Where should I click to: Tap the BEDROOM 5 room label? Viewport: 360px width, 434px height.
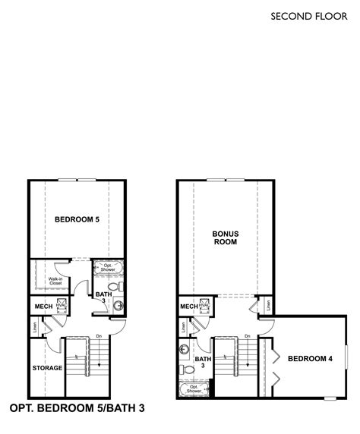tap(77, 220)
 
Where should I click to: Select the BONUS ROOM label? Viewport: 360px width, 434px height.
tap(225, 239)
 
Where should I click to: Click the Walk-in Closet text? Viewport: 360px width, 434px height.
tap(55, 282)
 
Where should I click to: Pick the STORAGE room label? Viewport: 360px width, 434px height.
tap(47, 368)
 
